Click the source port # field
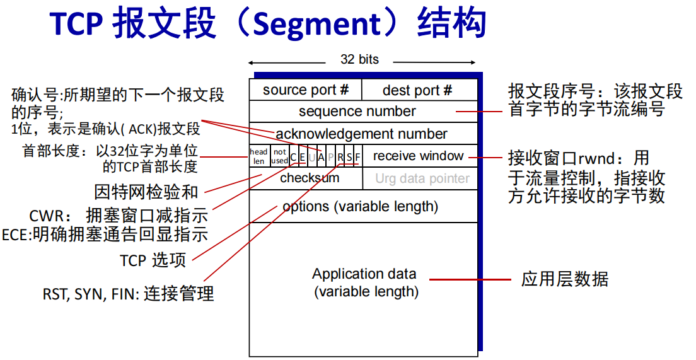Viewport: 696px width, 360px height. (x=306, y=90)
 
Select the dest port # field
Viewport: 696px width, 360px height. (x=417, y=91)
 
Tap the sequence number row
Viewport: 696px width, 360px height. (x=357, y=112)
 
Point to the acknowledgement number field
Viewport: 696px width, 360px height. (x=361, y=134)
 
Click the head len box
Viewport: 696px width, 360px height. (x=259, y=156)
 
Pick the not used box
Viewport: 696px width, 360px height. (x=279, y=156)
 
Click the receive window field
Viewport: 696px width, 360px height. (x=418, y=156)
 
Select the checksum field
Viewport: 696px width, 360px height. (x=310, y=178)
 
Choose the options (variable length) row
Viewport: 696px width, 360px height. (x=360, y=207)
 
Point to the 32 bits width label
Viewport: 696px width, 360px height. (x=360, y=60)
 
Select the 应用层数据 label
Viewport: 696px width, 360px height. (x=565, y=279)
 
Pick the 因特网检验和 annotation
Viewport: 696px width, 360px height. (x=146, y=192)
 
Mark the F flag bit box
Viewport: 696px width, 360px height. (x=357, y=156)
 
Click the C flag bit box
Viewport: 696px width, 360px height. (x=293, y=156)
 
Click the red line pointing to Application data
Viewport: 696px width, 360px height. (x=470, y=279)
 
